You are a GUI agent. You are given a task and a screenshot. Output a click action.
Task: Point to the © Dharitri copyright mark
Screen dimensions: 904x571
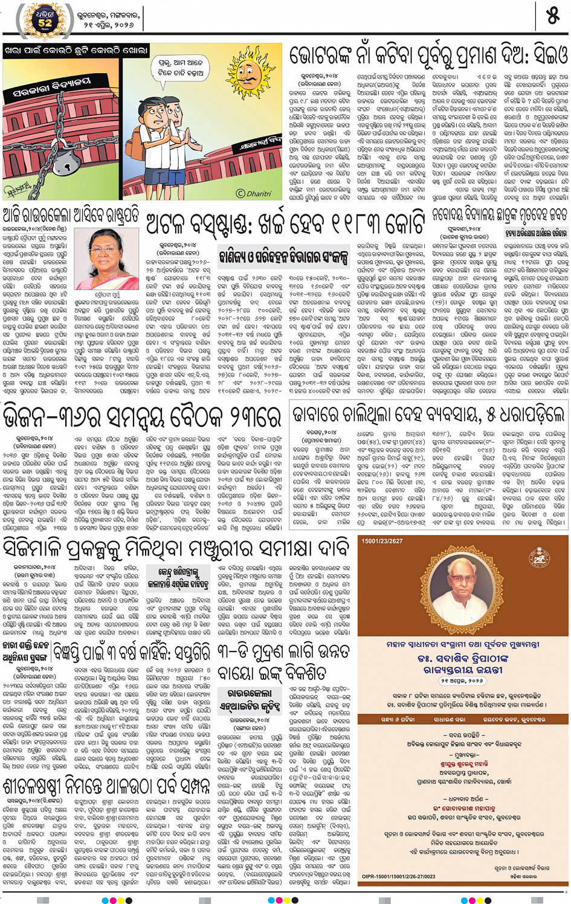coord(254,194)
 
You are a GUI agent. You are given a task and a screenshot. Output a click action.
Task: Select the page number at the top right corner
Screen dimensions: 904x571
coord(552,16)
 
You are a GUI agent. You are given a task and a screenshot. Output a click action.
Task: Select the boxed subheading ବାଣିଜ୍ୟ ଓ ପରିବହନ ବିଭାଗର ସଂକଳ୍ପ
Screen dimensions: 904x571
coord(284,256)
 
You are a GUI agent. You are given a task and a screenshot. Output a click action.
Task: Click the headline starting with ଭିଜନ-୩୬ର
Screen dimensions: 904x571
coord(142,416)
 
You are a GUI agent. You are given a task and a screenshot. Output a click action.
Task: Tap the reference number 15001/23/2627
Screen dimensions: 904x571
coord(382,541)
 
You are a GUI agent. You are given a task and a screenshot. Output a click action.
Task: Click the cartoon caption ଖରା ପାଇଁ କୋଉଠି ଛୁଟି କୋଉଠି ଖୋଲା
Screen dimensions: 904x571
coord(76,51)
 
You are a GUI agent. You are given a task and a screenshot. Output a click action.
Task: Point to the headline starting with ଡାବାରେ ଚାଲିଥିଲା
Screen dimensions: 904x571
coord(428,414)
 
